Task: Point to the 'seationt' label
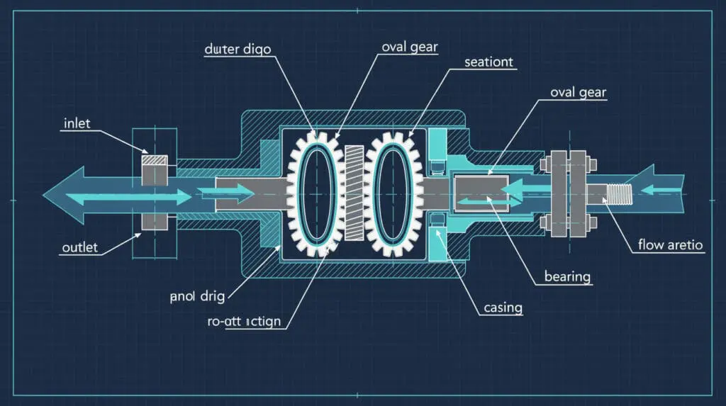(x=490, y=62)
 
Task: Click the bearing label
(x=567, y=275)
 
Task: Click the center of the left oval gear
(x=313, y=193)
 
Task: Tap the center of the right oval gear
(x=393, y=193)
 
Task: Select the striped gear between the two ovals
(x=354, y=193)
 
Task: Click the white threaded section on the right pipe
(x=620, y=191)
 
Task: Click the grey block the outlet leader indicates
(x=153, y=222)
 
